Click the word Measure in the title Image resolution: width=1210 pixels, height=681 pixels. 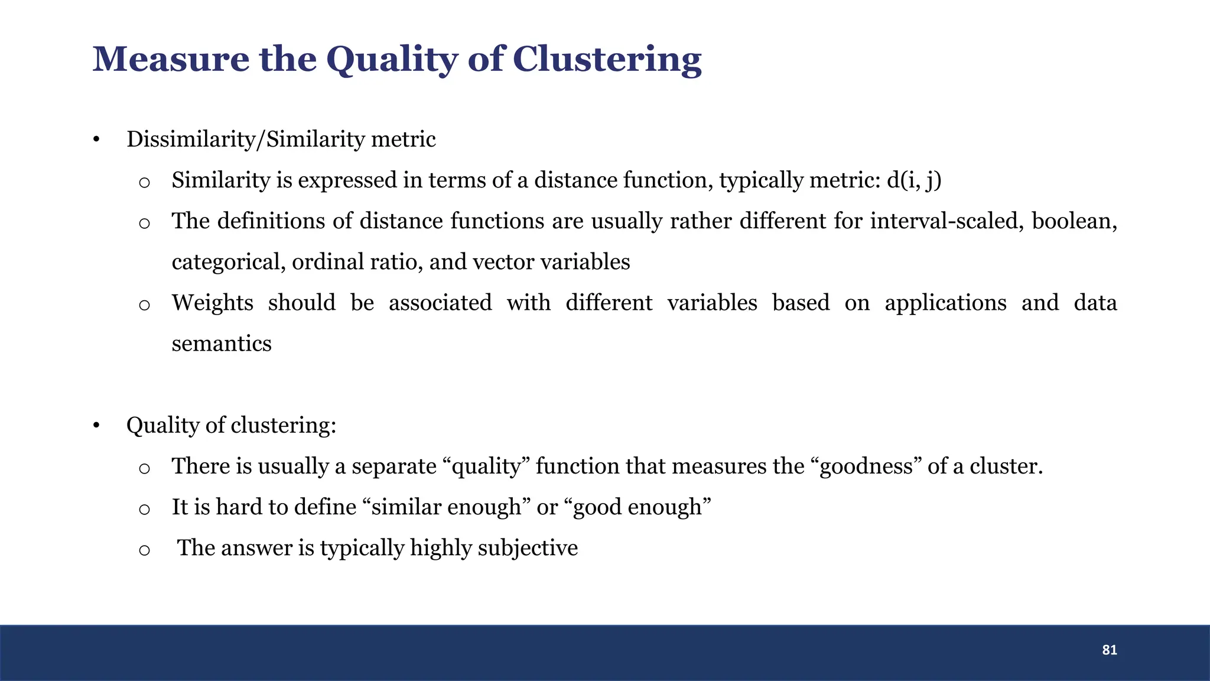coord(171,59)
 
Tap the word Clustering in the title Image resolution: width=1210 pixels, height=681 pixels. coord(607,60)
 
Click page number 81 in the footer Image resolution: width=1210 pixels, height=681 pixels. coord(1109,650)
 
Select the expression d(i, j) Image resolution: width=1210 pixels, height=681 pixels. coord(914,180)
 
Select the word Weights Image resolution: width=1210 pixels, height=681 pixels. coord(212,303)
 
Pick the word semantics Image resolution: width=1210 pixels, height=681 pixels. coord(222,343)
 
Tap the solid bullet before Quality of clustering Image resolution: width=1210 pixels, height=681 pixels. coord(96,426)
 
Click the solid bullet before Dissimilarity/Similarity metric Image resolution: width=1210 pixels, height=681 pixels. coord(96,140)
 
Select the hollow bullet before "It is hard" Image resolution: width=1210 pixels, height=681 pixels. coord(144,509)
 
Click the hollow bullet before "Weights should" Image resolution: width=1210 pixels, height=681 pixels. coord(144,305)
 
